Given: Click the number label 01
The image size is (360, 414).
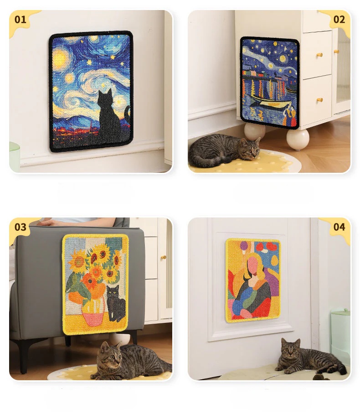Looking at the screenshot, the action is [x=21, y=19].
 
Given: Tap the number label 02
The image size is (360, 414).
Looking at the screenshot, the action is [x=339, y=19].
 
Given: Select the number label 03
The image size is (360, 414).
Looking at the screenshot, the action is [x=21, y=227].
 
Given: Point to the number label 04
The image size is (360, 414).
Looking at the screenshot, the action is [x=339, y=227].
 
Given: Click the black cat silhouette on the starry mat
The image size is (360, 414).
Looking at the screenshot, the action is [x=109, y=116].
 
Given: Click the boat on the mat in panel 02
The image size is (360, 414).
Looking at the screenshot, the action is [x=271, y=102].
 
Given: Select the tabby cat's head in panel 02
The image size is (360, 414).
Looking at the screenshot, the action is [x=250, y=148].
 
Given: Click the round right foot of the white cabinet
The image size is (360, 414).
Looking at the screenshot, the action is [x=298, y=139].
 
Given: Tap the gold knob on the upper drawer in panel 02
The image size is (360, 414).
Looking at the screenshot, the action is [x=319, y=55].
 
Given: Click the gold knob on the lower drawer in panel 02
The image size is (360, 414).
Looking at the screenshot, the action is [x=319, y=100].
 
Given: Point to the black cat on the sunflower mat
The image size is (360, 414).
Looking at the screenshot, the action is [x=116, y=304].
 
